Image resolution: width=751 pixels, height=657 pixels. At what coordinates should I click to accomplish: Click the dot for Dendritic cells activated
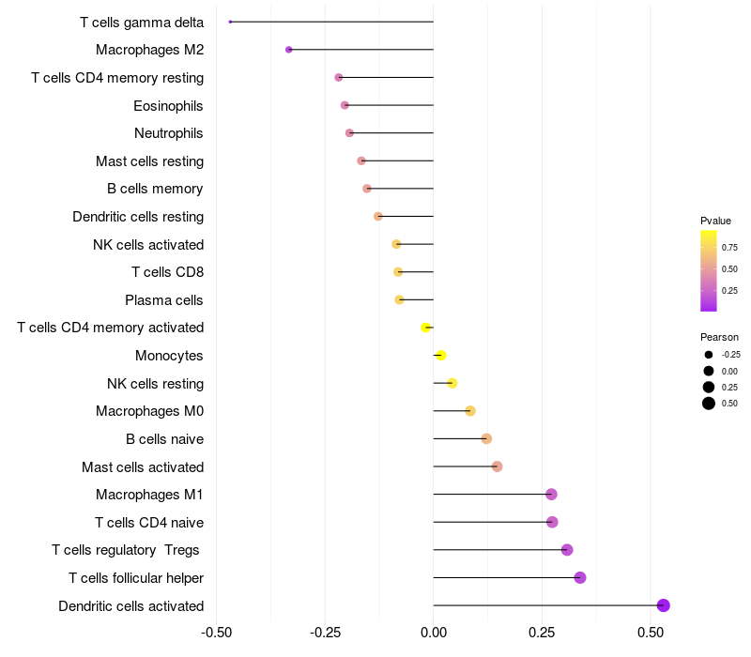point(663,605)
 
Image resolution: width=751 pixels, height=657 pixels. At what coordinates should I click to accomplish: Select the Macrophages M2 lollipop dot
point(289,50)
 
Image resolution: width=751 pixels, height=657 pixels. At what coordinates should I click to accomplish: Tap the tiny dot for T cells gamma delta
point(230,22)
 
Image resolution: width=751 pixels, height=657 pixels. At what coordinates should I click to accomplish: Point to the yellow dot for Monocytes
point(441,356)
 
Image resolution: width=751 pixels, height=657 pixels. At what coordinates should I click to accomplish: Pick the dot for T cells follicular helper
point(580,577)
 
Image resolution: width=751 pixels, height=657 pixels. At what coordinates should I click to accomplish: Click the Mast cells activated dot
point(497,466)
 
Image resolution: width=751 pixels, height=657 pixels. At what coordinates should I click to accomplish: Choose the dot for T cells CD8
point(398,272)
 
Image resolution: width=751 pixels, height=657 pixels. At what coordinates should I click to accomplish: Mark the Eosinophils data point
point(345,105)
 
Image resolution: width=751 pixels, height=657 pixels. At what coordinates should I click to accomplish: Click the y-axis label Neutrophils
point(169,133)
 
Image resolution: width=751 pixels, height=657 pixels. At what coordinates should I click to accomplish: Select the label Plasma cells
point(164,300)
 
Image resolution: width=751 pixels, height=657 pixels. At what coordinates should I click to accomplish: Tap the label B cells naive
point(165,439)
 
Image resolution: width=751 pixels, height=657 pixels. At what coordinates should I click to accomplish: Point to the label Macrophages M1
point(150,495)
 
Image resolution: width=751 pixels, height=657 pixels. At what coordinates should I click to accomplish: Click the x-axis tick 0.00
point(433,633)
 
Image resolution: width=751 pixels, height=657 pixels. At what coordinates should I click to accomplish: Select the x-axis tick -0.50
point(216,633)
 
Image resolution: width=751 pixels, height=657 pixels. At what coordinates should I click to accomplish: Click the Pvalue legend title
point(715,221)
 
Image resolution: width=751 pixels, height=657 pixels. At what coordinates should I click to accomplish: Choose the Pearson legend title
point(719,336)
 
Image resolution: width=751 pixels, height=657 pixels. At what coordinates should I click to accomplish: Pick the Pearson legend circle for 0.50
point(709,404)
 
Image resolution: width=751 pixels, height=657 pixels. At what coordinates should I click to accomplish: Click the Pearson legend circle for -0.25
point(709,355)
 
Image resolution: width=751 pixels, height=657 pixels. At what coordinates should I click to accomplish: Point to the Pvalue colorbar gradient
point(709,270)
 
